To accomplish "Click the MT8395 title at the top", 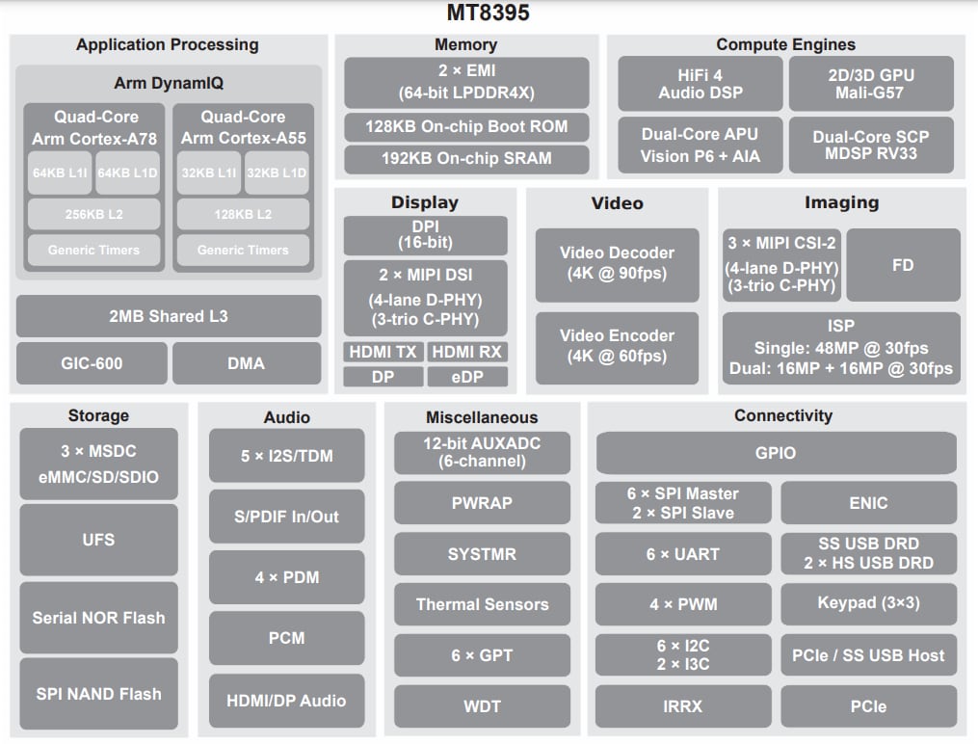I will click(x=489, y=13).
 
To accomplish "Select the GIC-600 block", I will click(x=93, y=363).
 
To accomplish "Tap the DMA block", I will click(x=246, y=363).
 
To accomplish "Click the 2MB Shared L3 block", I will click(x=169, y=316).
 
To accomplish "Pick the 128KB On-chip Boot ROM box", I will click(x=466, y=126).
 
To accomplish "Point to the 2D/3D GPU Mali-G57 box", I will click(x=870, y=84).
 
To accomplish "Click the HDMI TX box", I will click(x=383, y=352).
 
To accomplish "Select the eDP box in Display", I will click(x=467, y=377).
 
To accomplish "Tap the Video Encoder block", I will click(x=617, y=345).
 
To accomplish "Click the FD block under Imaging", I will click(x=902, y=264).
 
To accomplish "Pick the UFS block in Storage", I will click(x=98, y=540).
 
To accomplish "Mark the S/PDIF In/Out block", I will click(x=287, y=517).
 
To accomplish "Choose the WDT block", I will click(x=482, y=706).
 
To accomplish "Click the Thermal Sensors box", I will click(x=482, y=605).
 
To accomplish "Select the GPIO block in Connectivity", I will click(x=776, y=453).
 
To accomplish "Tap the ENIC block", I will click(x=868, y=503).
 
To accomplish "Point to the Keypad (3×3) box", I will click(x=868, y=604).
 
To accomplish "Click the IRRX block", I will click(x=682, y=706).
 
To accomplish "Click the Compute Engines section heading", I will click(x=785, y=44).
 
